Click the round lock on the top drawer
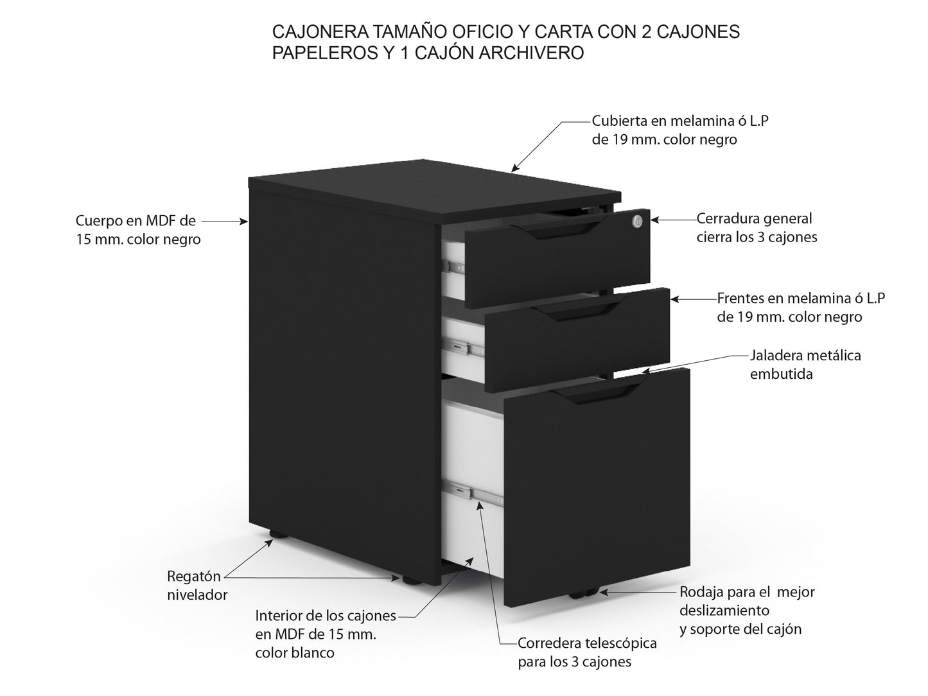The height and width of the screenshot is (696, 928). pyautogui.click(x=636, y=221)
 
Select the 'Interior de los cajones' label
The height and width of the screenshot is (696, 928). pyautogui.click(x=326, y=634)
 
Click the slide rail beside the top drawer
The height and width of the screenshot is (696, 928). pyautogui.click(x=455, y=265)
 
